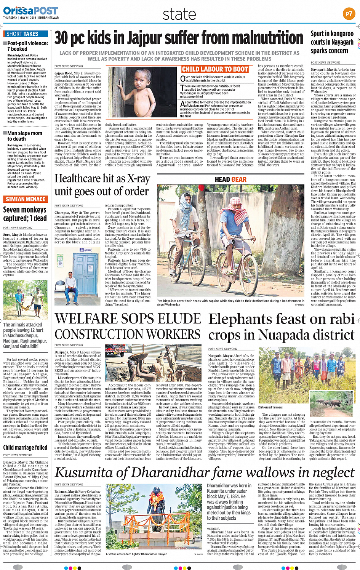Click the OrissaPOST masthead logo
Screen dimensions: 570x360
coord(30,10)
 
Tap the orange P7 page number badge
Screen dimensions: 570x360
coord(349,14)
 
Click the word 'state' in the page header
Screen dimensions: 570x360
coord(179,14)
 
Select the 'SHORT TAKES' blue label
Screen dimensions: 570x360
coord(22,34)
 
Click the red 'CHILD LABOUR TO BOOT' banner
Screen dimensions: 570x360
coord(215,69)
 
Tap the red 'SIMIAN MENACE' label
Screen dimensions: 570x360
coord(26,199)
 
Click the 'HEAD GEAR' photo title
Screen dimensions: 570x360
coord(230,179)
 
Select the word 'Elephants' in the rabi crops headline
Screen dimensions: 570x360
coord(243,319)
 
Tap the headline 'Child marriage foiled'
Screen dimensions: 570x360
coord(25,448)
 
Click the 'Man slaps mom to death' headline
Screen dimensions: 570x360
coord(25,136)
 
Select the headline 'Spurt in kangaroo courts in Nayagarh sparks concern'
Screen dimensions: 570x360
coord(331,42)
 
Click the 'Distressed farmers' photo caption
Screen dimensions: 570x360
coord(270,407)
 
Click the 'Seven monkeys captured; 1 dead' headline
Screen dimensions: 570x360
coord(25,214)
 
